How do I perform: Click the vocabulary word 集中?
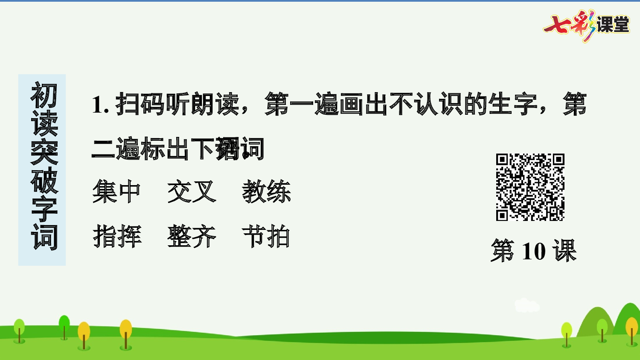click(116, 192)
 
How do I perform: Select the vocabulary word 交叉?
click(192, 192)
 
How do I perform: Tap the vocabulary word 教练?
click(266, 192)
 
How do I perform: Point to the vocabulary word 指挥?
click(116, 237)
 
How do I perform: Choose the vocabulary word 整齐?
click(192, 237)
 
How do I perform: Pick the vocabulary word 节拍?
click(266, 237)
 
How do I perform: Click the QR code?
click(530, 187)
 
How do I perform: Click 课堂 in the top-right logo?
click(613, 24)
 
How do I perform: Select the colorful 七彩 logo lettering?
click(570, 26)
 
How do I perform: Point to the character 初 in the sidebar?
click(44, 96)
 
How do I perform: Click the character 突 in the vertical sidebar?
click(44, 152)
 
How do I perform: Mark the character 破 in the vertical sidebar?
click(44, 180)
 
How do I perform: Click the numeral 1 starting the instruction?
click(98, 105)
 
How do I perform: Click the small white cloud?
click(527, 305)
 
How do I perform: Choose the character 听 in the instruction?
click(177, 104)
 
